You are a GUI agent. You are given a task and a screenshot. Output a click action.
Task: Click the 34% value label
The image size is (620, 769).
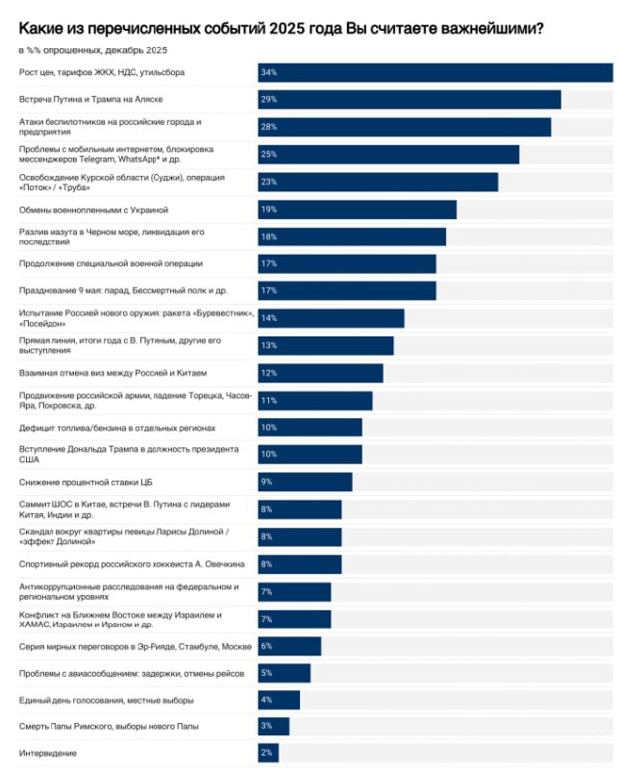268,73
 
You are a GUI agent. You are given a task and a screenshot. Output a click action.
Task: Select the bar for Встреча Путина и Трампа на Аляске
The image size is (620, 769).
409,100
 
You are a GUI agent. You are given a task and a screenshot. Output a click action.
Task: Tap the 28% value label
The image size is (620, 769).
268,127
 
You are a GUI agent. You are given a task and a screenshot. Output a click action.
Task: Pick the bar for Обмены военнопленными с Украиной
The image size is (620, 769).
357,209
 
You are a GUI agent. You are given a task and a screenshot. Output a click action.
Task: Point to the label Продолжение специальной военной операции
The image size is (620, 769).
111,263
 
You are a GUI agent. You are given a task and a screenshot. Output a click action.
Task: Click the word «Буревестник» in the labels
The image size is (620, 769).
221,312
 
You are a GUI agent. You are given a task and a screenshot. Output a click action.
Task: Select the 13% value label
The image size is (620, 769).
268,345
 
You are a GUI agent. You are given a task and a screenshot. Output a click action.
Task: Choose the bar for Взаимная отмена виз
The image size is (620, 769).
320,372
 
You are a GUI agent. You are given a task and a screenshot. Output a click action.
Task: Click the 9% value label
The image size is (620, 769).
266,482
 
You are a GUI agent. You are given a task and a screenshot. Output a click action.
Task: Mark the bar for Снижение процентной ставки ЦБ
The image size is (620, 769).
305,482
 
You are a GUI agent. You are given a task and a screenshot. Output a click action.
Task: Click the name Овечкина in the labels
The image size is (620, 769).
221,563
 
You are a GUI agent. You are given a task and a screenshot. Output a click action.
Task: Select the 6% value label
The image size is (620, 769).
266,645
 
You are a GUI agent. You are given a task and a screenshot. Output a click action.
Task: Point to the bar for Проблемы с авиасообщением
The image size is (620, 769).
284,673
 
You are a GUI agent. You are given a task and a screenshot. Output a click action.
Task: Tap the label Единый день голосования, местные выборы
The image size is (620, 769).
107,700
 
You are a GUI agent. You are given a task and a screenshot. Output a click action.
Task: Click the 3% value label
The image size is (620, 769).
266,727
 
